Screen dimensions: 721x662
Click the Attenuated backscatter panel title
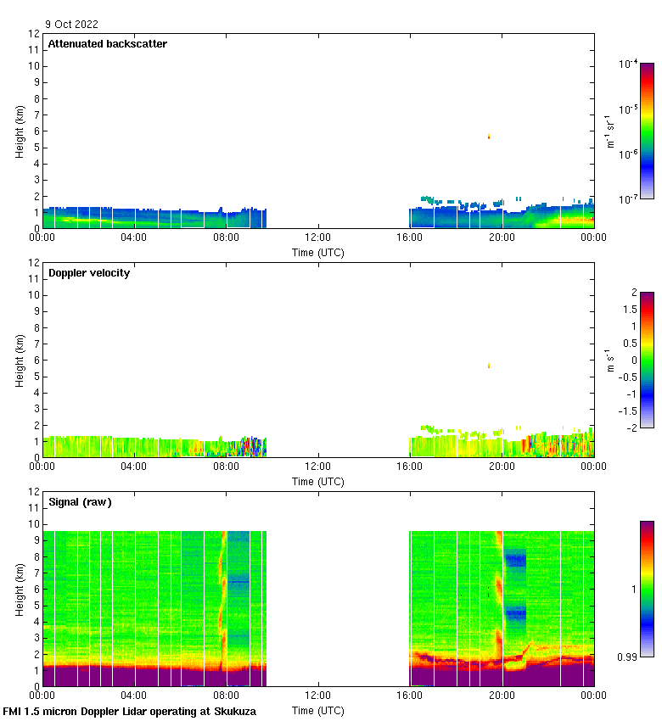coord(107,44)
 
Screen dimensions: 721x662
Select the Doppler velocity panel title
coord(89,273)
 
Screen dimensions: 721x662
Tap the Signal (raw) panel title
coord(80,502)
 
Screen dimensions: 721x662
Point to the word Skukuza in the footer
coord(233,712)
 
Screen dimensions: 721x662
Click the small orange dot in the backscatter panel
coord(489,136)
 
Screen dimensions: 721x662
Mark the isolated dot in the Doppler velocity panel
coord(489,366)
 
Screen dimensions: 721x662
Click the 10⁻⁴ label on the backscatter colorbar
coord(628,64)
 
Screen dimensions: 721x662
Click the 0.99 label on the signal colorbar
coord(627,657)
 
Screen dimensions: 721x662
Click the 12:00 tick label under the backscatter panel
coord(318,238)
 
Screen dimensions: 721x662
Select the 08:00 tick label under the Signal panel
coord(226,696)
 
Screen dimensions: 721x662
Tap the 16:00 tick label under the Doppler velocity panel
coord(410,467)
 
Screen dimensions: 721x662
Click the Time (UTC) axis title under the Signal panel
coord(318,711)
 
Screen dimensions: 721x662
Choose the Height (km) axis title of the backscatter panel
coord(20,131)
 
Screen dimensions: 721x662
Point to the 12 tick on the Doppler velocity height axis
coord(34,263)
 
